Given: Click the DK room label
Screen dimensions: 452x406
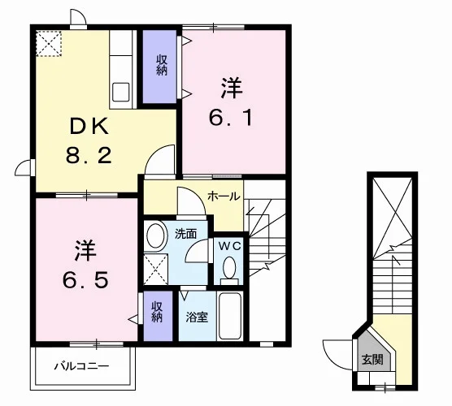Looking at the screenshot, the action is (x=89, y=126).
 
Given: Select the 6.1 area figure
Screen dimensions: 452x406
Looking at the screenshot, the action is (x=231, y=118).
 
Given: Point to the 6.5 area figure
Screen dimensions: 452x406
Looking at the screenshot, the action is (x=85, y=280).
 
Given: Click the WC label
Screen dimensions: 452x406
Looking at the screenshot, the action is (x=229, y=246).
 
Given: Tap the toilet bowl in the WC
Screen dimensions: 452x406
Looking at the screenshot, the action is (x=229, y=268).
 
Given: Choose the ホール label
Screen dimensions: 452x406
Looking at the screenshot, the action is (x=224, y=197).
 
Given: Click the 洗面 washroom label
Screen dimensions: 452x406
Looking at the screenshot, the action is (x=185, y=234).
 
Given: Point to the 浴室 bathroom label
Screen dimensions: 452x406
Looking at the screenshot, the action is (x=197, y=317).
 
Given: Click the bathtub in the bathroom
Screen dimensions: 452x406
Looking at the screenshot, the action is (x=229, y=316).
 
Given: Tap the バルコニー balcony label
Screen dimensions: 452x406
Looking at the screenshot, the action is (x=82, y=366).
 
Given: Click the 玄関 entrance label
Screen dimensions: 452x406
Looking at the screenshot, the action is (x=372, y=360).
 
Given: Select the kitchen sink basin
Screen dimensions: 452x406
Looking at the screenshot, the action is (x=121, y=92).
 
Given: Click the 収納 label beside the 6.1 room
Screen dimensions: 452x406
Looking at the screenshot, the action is (x=162, y=65).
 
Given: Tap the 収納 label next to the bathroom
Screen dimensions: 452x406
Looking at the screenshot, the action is (x=158, y=312).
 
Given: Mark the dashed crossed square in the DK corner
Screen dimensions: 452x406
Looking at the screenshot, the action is (x=49, y=44).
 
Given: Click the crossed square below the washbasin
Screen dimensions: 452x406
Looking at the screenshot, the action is (x=155, y=270).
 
